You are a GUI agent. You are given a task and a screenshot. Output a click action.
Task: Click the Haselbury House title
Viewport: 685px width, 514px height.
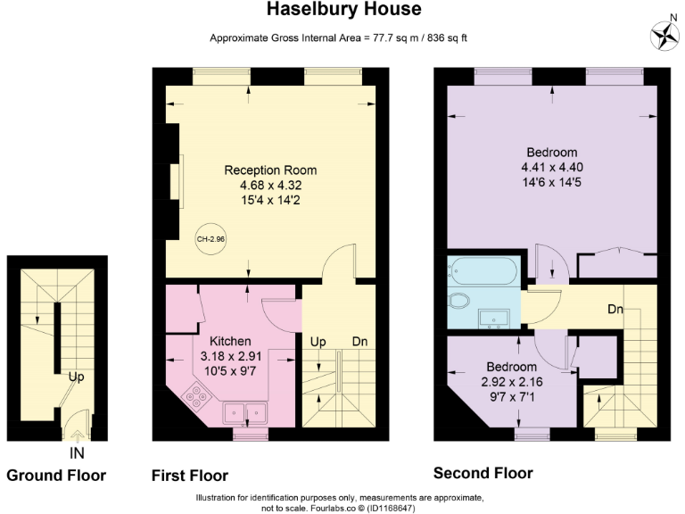pyautogui.click(x=343, y=9)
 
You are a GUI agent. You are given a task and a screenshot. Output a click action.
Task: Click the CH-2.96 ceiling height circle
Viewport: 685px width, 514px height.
pyautogui.click(x=210, y=239)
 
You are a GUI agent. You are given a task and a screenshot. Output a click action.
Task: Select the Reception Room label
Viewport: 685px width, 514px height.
pyautogui.click(x=270, y=170)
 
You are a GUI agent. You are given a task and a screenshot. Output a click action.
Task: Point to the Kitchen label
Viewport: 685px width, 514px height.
pyautogui.click(x=230, y=342)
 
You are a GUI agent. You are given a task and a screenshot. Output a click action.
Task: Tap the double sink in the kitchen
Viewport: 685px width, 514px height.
pyautogui.click(x=245, y=413)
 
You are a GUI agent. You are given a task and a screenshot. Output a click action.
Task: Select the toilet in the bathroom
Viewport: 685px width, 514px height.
pyautogui.click(x=458, y=301)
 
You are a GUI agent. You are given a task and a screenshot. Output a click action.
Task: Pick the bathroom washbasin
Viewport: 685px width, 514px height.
pyautogui.click(x=493, y=319)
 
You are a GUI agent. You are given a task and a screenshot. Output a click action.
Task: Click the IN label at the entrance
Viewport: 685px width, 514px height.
pyautogui.click(x=77, y=453)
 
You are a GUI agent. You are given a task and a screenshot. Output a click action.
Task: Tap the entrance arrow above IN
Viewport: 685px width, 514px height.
pyautogui.click(x=78, y=436)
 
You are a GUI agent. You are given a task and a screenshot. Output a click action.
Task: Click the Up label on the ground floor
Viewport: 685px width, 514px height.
pyautogui.click(x=76, y=377)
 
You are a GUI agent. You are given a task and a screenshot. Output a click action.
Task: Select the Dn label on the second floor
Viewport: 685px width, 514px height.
pyautogui.click(x=615, y=310)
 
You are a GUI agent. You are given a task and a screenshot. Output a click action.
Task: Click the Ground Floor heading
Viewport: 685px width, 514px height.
pyautogui.click(x=56, y=476)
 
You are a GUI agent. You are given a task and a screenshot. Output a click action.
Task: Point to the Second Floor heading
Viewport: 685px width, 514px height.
pyautogui.click(x=483, y=473)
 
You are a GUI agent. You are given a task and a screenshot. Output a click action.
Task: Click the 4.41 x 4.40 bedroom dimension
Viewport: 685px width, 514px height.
pyautogui.click(x=552, y=168)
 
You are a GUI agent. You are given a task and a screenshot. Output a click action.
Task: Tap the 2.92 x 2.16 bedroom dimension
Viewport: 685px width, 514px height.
pyautogui.click(x=512, y=382)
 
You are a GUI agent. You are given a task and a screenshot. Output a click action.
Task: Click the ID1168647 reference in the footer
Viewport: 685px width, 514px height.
pyautogui.click(x=390, y=509)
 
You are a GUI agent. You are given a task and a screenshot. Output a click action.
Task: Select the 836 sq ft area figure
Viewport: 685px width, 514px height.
pyautogui.click(x=447, y=38)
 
